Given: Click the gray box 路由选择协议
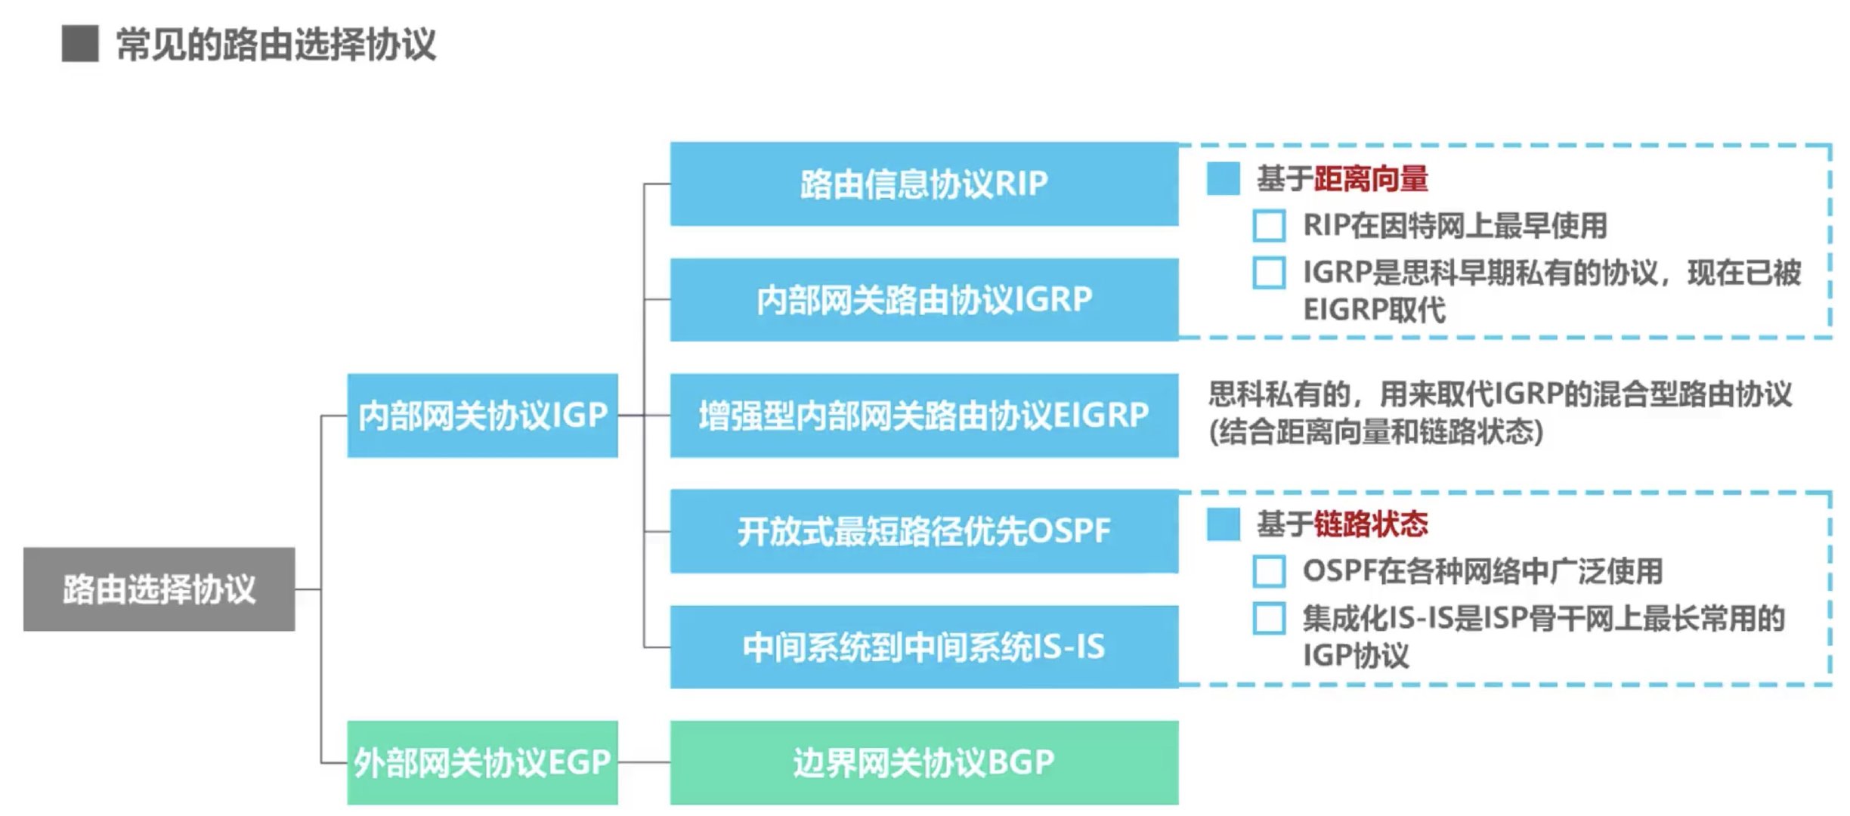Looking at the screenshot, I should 159,589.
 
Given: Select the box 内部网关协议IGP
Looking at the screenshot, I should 482,416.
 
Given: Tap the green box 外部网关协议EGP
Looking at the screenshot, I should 482,762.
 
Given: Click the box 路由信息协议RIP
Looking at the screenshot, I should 923,184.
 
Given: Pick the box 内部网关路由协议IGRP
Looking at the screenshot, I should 923,299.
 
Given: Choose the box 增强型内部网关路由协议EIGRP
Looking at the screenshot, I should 923,416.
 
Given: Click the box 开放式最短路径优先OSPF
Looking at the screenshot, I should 923,530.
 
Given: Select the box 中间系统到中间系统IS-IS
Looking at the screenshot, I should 923,647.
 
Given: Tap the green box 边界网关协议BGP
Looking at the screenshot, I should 923,762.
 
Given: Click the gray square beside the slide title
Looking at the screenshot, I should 80,43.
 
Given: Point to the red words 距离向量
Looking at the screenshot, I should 1371,179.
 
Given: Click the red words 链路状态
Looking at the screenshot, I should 1371,524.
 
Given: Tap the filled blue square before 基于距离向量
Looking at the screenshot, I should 1223,179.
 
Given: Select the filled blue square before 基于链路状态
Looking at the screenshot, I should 1223,524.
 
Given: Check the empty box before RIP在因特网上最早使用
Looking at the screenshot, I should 1269,226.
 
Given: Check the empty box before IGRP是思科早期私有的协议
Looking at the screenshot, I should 1269,273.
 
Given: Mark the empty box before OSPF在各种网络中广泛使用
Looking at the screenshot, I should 1269,571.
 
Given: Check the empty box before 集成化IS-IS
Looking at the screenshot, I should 1269,618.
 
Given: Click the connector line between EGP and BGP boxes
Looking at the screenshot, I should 644,762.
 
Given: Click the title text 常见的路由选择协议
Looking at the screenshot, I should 276,45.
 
